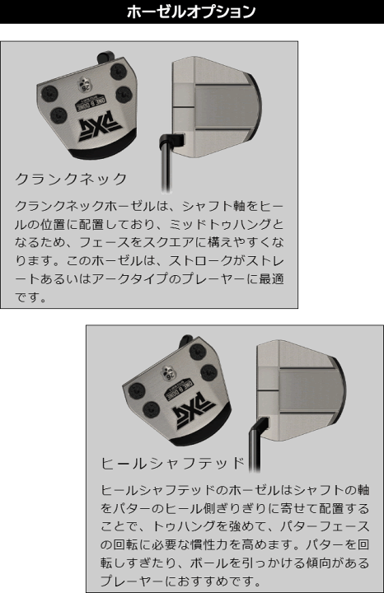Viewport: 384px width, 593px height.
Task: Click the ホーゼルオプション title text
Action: [191, 12]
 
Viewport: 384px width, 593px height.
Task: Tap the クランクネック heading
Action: [71, 179]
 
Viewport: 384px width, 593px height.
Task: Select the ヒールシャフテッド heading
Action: [173, 463]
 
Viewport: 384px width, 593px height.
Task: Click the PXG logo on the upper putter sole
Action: [100, 127]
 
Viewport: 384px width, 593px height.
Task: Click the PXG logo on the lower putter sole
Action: [194, 413]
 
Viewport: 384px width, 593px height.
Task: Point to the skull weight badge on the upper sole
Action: [84, 83]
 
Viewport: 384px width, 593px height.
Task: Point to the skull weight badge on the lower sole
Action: [169, 372]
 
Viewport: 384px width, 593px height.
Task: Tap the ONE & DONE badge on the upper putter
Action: [92, 100]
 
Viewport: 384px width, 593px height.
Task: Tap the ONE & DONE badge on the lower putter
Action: [179, 389]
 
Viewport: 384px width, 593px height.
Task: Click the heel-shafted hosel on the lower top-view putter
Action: [260, 424]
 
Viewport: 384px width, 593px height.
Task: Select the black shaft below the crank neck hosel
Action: [166, 166]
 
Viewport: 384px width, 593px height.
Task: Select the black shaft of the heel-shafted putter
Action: [254, 450]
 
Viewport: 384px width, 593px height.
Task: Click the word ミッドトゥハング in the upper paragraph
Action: [220, 224]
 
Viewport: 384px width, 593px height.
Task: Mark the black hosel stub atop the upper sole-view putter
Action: [105, 57]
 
